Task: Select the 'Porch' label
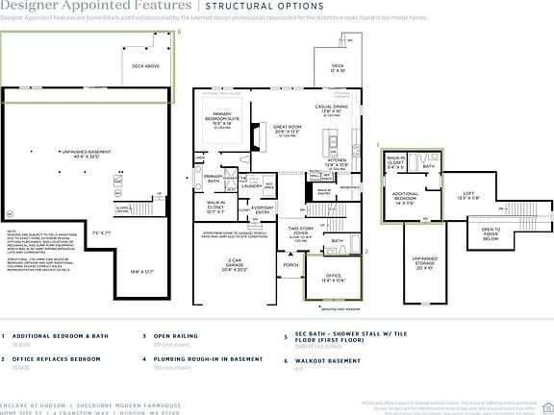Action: click(x=290, y=265)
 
